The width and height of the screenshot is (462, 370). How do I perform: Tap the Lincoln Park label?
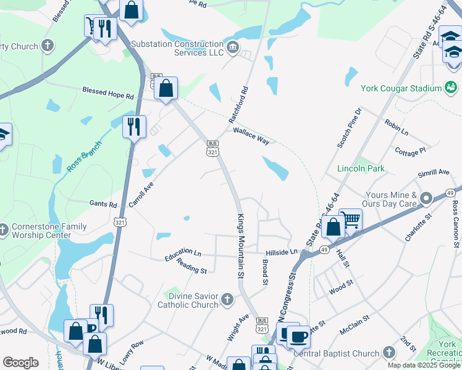click(361, 168)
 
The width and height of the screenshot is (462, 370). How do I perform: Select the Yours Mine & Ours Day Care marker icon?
click(426, 199)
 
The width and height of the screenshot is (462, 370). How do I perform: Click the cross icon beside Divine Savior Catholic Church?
click(227, 300)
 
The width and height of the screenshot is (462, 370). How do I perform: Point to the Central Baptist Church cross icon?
click(388, 353)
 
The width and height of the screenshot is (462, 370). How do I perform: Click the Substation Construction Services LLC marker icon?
click(232, 48)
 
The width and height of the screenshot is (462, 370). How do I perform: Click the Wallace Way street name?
click(251, 136)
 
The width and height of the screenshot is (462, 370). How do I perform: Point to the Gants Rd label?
click(103, 204)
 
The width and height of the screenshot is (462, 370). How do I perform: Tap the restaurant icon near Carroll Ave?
click(134, 126)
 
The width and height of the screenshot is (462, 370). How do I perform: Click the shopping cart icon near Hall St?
click(350, 220)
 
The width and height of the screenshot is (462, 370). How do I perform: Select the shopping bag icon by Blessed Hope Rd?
click(166, 88)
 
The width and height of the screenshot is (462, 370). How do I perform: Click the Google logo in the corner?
click(20, 363)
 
